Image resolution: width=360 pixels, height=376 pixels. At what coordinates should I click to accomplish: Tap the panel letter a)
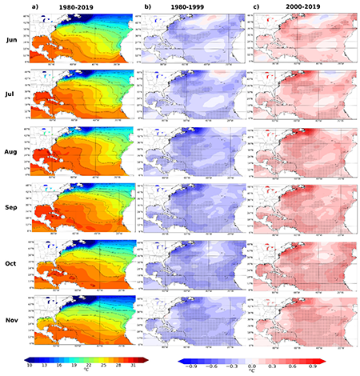34,6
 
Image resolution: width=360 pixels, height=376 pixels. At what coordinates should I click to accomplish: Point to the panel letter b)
148,6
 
